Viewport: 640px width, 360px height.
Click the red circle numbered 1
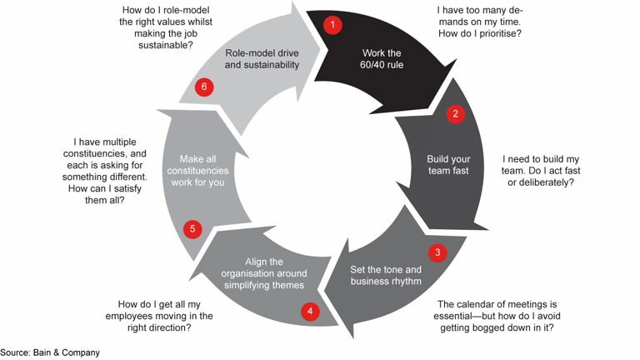click(x=332, y=25)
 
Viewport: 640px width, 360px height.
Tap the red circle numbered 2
click(x=455, y=114)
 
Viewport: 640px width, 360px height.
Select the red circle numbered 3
click(x=437, y=252)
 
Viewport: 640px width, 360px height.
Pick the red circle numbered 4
click(x=310, y=312)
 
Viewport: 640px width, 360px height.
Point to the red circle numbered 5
click(x=192, y=229)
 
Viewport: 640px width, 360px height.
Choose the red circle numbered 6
click(x=203, y=87)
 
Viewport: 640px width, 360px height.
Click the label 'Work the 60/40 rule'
click(x=382, y=58)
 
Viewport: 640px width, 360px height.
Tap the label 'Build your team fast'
click(x=448, y=164)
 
